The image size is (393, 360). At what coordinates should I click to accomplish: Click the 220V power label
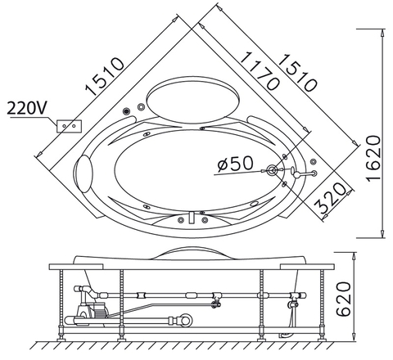(x=26, y=108)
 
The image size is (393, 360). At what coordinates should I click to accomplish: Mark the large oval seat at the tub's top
(x=192, y=97)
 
